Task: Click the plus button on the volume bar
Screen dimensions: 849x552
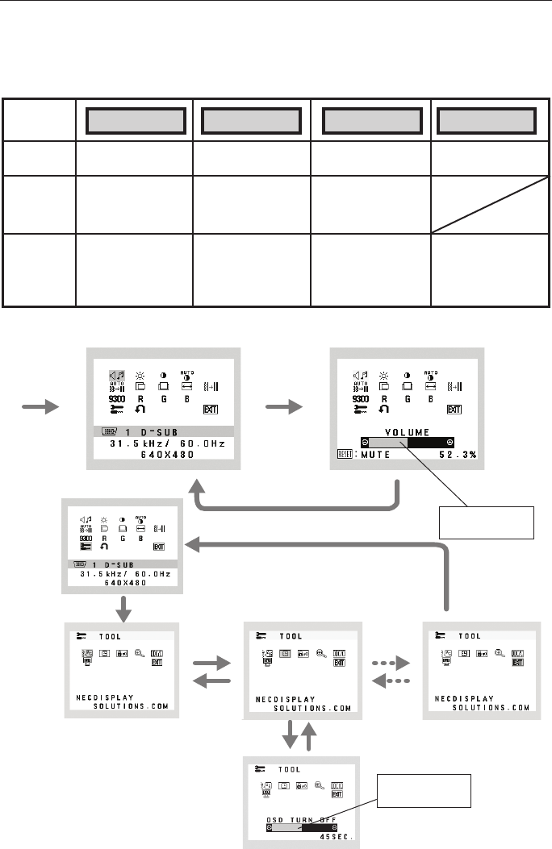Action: point(450,443)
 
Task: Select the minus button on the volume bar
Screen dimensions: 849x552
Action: point(366,443)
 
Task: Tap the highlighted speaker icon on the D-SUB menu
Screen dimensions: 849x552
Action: point(117,376)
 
